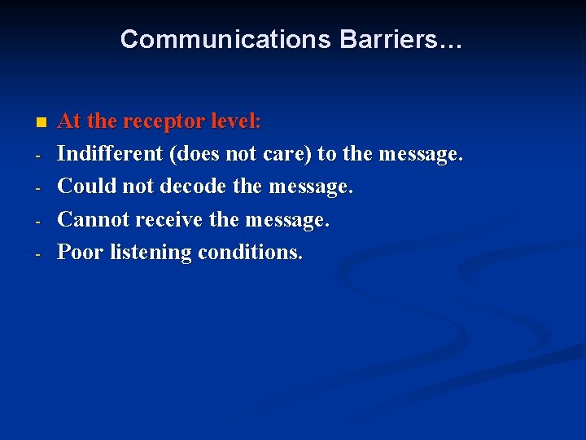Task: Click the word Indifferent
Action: [109, 154]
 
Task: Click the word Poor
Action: [81, 252]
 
